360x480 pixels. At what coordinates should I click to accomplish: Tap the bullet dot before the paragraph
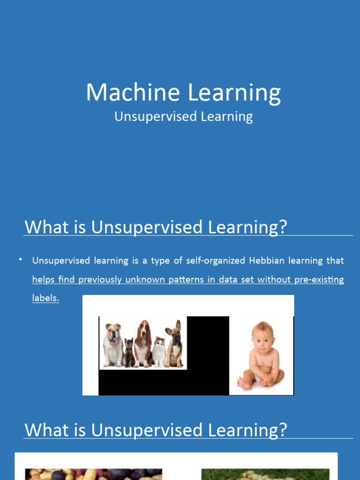21,259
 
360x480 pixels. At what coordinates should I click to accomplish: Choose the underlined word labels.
45,298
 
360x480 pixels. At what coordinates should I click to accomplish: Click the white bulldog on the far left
113,345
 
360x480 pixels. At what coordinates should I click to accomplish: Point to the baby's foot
244,384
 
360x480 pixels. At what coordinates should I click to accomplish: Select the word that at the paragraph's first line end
335,261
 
